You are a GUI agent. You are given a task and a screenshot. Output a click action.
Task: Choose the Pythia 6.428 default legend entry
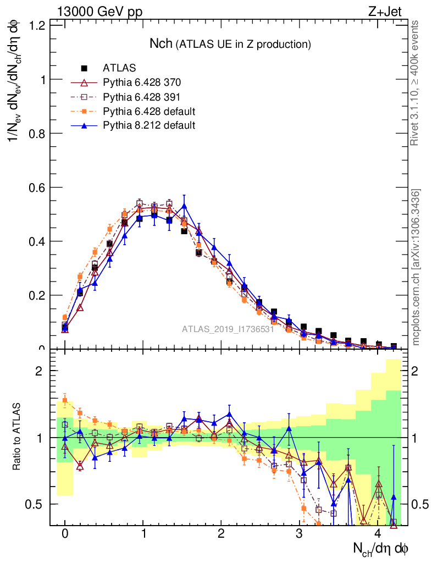click(x=149, y=112)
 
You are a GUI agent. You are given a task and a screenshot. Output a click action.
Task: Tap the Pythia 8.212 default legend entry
click(x=149, y=125)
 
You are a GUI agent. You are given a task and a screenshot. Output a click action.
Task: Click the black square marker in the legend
click(x=84, y=69)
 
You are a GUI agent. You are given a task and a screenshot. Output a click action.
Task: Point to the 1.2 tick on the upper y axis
click(x=37, y=25)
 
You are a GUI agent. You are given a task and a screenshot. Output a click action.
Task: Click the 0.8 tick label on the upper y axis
click(x=37, y=134)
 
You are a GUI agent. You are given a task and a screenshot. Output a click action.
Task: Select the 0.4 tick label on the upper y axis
click(x=37, y=241)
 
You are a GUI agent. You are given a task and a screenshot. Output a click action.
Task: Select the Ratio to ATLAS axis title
click(x=17, y=437)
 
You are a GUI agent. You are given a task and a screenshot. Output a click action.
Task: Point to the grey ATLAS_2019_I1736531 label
click(x=228, y=329)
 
